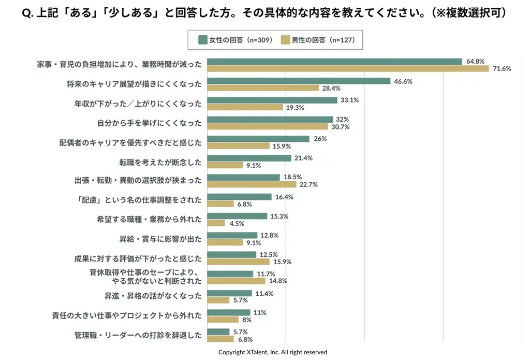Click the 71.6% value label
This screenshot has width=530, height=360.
point(502,69)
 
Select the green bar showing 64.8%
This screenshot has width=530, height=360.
point(334,62)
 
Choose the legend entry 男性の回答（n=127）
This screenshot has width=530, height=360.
point(317,39)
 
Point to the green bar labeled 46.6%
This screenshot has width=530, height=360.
point(299,81)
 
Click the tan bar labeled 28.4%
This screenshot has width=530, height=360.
point(263,88)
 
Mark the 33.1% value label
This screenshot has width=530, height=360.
point(349,100)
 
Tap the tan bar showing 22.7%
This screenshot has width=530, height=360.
point(252,184)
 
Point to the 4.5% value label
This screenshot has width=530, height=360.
point(237,223)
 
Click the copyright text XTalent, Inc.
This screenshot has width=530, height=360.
point(272,352)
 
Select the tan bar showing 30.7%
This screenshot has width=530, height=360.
point(268,126)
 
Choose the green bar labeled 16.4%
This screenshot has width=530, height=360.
point(239,197)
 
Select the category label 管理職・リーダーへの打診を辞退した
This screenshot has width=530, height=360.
point(138,335)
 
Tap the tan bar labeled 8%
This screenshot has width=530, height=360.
point(223,320)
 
